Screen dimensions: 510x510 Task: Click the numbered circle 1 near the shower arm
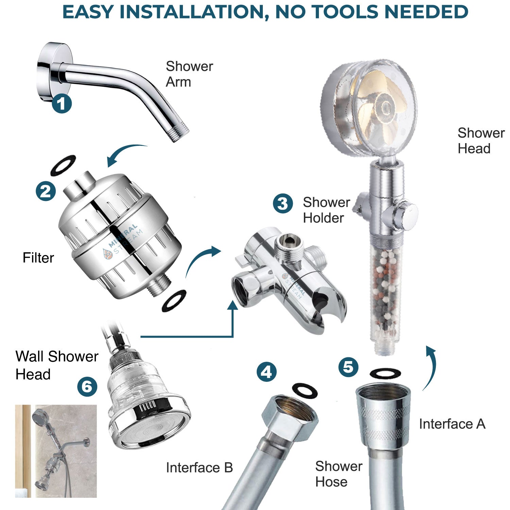pyautogui.click(x=62, y=103)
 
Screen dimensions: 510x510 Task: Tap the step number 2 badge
pyautogui.click(x=46, y=191)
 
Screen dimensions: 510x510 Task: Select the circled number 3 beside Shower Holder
pyautogui.click(x=283, y=203)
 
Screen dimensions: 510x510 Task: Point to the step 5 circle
pyautogui.click(x=348, y=367)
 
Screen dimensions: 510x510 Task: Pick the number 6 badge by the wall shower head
pyautogui.click(x=87, y=387)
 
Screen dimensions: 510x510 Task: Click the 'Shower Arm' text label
pyautogui.click(x=189, y=74)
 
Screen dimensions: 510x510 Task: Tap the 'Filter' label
pyautogui.click(x=38, y=258)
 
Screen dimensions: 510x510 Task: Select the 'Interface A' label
pyautogui.click(x=452, y=424)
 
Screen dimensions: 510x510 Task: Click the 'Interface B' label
pyautogui.click(x=199, y=468)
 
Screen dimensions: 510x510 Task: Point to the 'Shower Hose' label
pyautogui.click(x=338, y=474)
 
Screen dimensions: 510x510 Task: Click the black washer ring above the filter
pyautogui.click(x=63, y=165)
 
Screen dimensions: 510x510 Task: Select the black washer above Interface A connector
pyautogui.click(x=385, y=373)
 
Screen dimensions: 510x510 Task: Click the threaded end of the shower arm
pyautogui.click(x=180, y=134)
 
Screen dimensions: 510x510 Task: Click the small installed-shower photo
pyautogui.click(x=56, y=451)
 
